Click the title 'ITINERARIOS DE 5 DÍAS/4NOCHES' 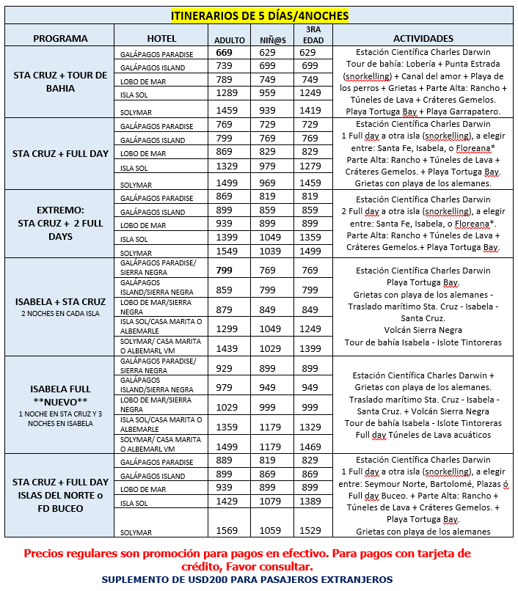260,15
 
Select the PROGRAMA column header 60,38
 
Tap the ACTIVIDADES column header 423,38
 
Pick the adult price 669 224,53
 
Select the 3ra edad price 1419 310,110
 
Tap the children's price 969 268,183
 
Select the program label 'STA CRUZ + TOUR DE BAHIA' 60,81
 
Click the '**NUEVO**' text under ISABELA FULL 60,400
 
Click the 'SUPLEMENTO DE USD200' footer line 247,579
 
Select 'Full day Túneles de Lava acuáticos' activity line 423,435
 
